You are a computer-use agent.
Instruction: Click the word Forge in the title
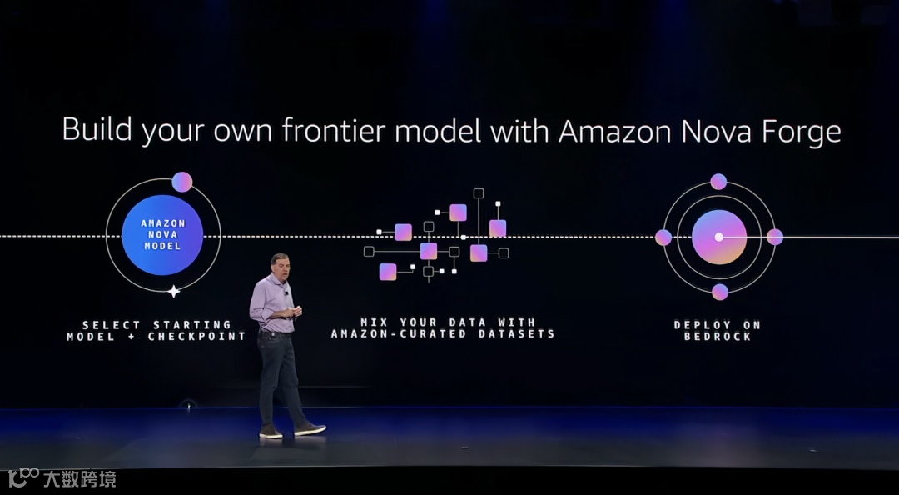pos(799,132)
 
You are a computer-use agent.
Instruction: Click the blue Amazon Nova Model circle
pos(162,235)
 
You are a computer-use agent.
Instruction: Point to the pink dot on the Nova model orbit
pos(182,182)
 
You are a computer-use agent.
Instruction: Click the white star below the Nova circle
pos(173,291)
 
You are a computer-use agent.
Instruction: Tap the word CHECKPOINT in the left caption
pos(197,337)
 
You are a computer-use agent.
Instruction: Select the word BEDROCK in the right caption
pos(718,337)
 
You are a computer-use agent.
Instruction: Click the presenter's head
pos(280,265)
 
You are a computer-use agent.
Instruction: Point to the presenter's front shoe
pos(310,429)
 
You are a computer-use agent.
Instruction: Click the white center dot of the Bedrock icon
pos(718,237)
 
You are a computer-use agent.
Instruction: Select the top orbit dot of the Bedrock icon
pos(718,182)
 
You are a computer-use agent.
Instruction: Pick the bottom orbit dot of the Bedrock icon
pos(720,292)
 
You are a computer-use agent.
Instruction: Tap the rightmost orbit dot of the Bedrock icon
pos(775,237)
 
